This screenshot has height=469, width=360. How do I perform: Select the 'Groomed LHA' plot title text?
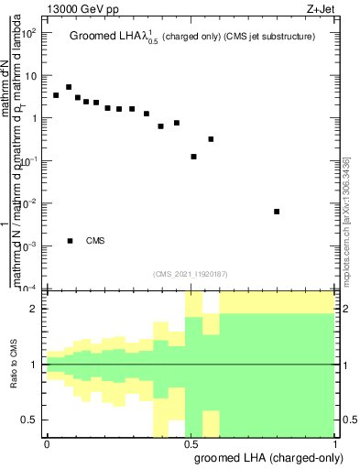tap(108, 38)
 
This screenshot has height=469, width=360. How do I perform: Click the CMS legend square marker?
tap(70, 241)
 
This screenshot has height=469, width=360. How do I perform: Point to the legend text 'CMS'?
tap(95, 241)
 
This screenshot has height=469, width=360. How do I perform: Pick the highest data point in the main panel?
tap(69, 87)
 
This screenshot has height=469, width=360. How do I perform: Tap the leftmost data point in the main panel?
tap(56, 95)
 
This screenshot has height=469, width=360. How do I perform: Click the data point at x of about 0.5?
tap(193, 157)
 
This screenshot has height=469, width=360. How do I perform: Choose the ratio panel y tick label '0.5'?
tap(29, 420)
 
